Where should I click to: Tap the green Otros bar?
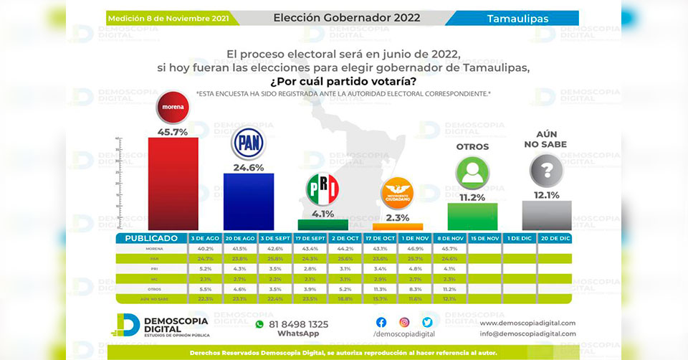(472, 216)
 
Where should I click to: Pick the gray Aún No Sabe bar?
(547, 214)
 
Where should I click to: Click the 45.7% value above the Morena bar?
(173, 131)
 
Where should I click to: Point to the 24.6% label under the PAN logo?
(248, 167)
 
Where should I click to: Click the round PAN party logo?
(248, 143)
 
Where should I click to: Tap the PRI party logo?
(322, 189)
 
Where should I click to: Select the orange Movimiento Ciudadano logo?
(397, 191)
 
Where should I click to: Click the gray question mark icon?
(546, 171)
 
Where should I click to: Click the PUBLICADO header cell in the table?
(151, 237)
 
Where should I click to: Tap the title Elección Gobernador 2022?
(347, 17)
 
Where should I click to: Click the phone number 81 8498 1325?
(298, 324)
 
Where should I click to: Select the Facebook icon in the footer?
(381, 323)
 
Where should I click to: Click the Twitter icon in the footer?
(427, 323)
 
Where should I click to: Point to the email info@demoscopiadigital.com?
(527, 333)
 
